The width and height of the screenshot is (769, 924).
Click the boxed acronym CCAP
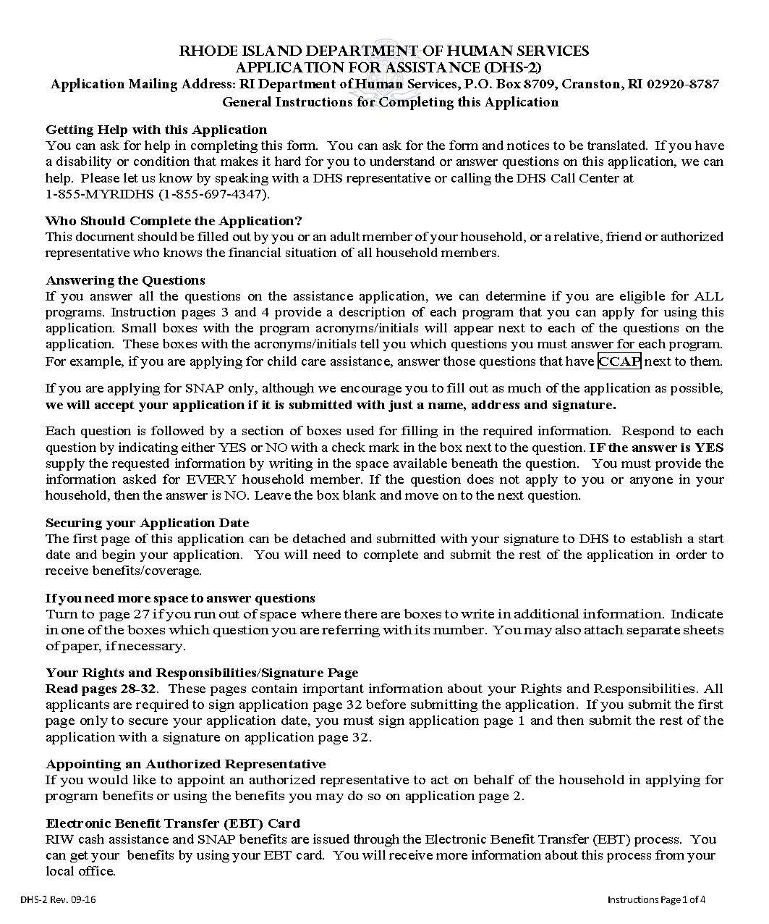[x=620, y=361]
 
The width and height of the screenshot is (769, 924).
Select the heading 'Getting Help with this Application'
[x=156, y=130]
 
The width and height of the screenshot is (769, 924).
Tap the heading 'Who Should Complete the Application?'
[x=174, y=221]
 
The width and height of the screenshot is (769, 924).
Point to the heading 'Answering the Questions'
[x=125, y=280]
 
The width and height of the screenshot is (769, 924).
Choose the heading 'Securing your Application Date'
[x=147, y=523]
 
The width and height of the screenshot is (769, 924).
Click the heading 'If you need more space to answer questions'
[x=180, y=598]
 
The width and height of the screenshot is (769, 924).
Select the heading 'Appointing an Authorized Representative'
[x=185, y=764]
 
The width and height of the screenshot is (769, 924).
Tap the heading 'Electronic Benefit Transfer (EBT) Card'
[x=173, y=823]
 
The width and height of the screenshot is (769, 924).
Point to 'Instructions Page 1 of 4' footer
[x=655, y=900]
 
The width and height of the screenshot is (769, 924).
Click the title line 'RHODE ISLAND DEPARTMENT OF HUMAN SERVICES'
[x=383, y=51]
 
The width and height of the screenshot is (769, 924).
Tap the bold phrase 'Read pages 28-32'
[x=102, y=689]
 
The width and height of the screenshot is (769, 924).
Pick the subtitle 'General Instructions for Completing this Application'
[x=390, y=102]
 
